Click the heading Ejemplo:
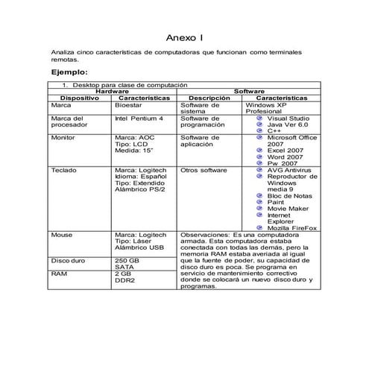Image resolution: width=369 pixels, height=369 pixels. click(x=69, y=72)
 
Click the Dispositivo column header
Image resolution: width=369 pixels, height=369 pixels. click(x=79, y=98)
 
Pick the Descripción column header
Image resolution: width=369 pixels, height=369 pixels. click(x=210, y=98)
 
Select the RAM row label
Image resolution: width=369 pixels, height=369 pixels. click(x=59, y=274)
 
